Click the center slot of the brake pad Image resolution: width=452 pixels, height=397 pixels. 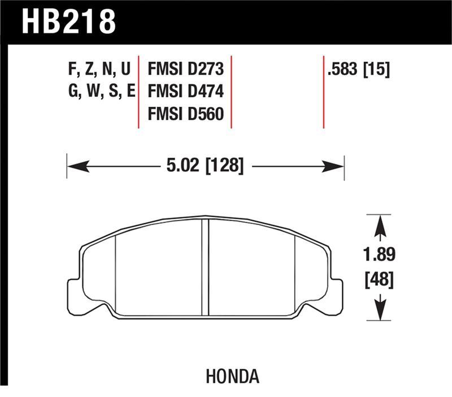pos(206,267)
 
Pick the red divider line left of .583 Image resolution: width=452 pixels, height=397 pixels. pos(323,92)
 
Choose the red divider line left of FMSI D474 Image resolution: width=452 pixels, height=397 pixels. pos(139,92)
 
